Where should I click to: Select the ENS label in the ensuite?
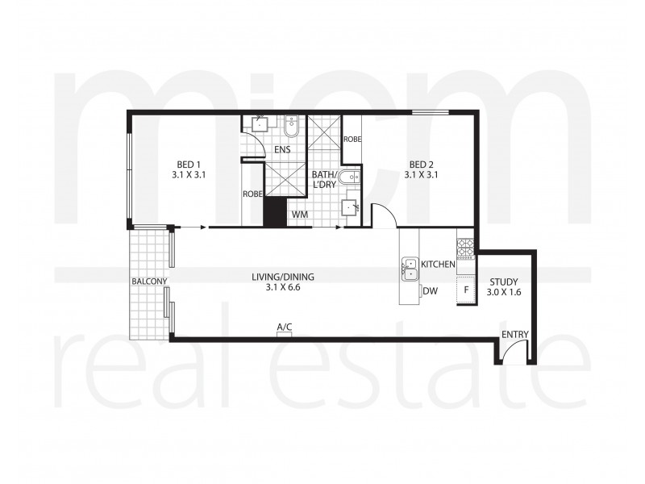click(282, 150)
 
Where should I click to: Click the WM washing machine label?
click(299, 215)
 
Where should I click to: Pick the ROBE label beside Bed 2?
click(352, 139)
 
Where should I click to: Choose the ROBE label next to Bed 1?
click(252, 194)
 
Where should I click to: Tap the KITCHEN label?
click(439, 265)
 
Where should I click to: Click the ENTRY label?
click(514, 334)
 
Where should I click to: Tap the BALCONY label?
click(149, 281)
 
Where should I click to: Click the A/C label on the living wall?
click(285, 327)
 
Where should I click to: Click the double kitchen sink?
click(410, 269)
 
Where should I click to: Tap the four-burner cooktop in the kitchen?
click(465, 247)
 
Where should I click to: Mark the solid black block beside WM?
click(275, 212)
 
